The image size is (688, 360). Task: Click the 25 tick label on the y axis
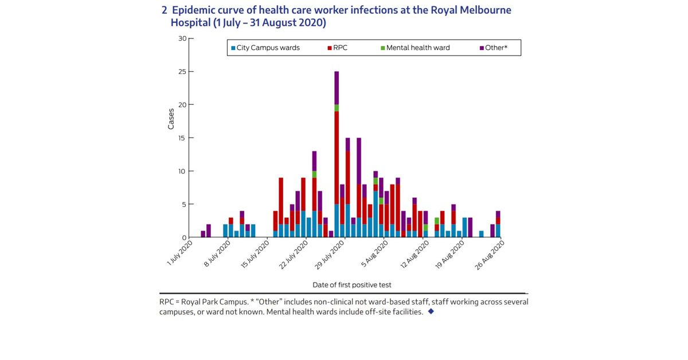coord(182,72)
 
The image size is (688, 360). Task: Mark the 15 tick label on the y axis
coord(182,138)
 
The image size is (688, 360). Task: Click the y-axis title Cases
coord(171,118)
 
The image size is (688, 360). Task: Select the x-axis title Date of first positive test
coord(352,285)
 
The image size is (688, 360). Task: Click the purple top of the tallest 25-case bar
coord(337,88)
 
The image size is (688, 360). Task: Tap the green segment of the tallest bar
coord(337,108)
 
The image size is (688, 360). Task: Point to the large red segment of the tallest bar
coord(337,158)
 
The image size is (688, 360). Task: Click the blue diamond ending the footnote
coord(431,312)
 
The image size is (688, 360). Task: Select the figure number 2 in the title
coord(165,10)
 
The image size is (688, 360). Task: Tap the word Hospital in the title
coord(190,24)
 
